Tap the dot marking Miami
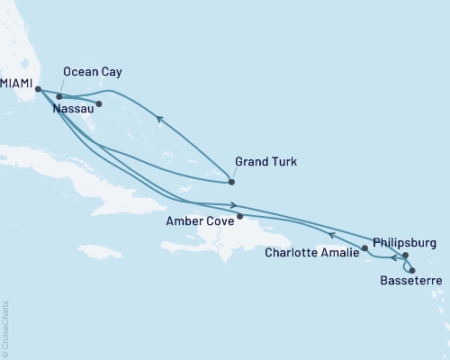point(38,88)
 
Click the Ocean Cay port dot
point(59,96)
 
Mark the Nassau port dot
point(99,103)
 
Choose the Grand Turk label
point(265,162)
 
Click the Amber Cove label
point(199,219)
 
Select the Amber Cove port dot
point(239,216)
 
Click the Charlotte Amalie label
point(312,253)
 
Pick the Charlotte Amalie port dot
point(364,247)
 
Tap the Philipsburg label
point(403,242)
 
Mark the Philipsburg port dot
point(405,256)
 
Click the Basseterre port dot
point(412,270)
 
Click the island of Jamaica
point(99,250)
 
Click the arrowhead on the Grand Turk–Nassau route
point(158,117)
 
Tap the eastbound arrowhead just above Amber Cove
point(233,204)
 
